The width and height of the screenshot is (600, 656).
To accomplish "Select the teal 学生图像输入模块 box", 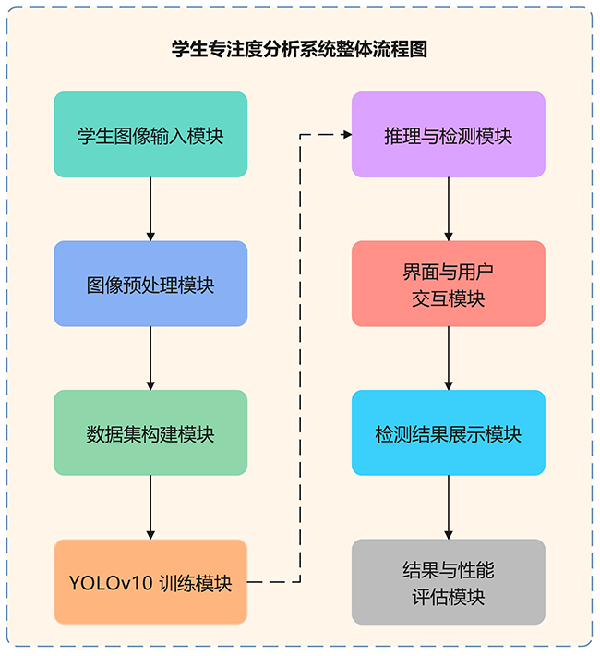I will tap(150, 135).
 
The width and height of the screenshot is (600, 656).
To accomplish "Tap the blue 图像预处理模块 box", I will tap(150, 284).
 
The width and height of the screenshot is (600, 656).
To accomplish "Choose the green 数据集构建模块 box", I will tap(150, 432).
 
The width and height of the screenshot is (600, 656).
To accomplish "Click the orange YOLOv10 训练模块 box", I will tap(150, 582).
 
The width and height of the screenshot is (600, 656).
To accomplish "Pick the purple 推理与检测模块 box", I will tap(449, 135).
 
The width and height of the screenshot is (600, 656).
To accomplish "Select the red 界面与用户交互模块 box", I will tap(449, 284).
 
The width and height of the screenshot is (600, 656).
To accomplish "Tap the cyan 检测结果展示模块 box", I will tap(449, 432).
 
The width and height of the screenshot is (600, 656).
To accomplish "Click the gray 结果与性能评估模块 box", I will tap(449, 582).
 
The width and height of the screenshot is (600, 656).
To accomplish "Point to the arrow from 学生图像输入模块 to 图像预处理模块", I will tap(150, 209).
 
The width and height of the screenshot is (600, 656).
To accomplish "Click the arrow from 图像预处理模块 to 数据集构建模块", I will tap(150, 358).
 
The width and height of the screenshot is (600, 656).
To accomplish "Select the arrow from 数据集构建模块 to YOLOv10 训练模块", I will tap(150, 507).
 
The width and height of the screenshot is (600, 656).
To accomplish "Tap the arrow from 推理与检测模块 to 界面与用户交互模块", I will tap(449, 209).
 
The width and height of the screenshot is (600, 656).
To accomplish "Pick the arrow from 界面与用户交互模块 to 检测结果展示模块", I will tap(449, 358).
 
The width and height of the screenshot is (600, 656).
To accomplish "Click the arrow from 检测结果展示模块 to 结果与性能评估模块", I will tap(449, 507).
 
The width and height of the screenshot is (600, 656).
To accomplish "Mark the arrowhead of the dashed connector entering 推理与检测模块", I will tap(347, 135).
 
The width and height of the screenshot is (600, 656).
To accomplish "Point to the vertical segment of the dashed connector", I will tap(301, 360).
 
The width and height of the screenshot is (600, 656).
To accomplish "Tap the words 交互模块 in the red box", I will tap(449, 298).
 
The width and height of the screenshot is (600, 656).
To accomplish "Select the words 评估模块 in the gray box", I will tap(449, 597).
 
